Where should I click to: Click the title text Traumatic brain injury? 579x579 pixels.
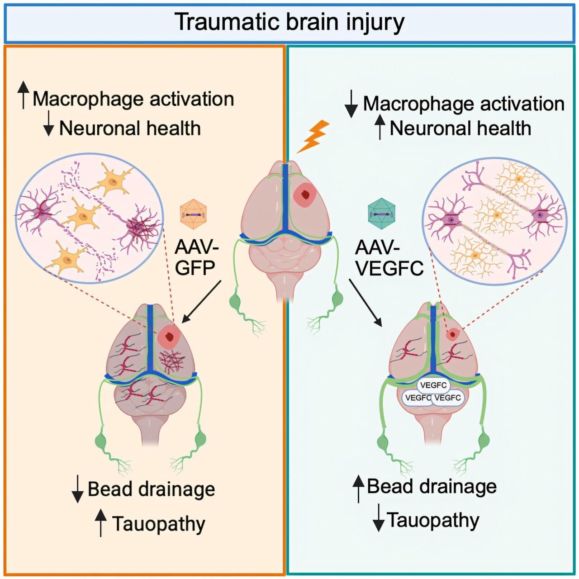click(289, 22)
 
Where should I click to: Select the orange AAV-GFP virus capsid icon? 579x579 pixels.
click(193, 214)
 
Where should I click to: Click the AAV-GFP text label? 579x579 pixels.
click(196, 257)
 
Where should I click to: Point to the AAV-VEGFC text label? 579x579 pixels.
click(389, 258)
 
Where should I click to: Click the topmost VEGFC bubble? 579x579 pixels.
click(433, 385)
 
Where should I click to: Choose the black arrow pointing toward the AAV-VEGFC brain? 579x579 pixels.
click(365, 302)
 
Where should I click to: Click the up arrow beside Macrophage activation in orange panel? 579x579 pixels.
click(23, 95)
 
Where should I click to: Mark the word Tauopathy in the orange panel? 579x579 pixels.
click(159, 524)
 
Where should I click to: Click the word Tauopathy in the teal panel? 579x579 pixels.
click(433, 520)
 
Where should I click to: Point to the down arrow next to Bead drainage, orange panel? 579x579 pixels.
click(78, 489)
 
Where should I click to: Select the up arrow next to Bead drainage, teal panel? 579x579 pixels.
click(358, 489)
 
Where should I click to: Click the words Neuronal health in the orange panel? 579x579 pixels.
click(130, 128)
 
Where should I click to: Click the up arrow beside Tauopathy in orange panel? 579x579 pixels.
click(100, 523)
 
